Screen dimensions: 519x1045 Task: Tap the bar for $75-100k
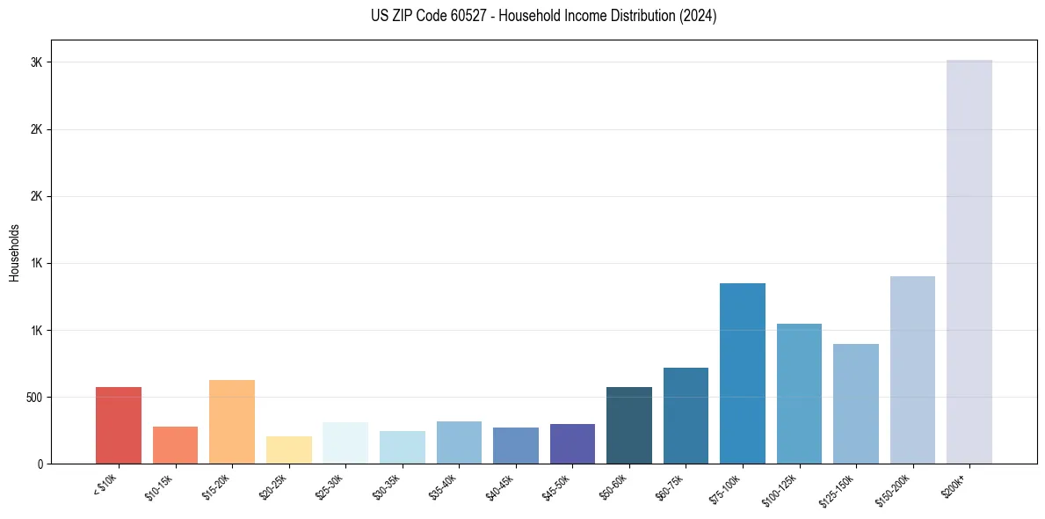pos(742,373)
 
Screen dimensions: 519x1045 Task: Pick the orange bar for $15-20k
pos(232,421)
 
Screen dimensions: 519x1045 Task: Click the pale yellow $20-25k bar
pos(289,450)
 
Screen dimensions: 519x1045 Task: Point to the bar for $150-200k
pos(912,369)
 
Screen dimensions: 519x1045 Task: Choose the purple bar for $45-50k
pos(572,443)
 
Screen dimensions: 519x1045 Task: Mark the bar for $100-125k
pos(799,393)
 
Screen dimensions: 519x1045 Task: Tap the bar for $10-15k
pos(175,444)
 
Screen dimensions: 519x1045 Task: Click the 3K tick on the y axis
pos(36,62)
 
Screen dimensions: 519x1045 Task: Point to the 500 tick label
pos(33,397)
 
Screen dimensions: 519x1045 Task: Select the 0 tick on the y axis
pos(40,464)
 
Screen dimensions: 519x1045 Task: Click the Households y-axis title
pos(14,252)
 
